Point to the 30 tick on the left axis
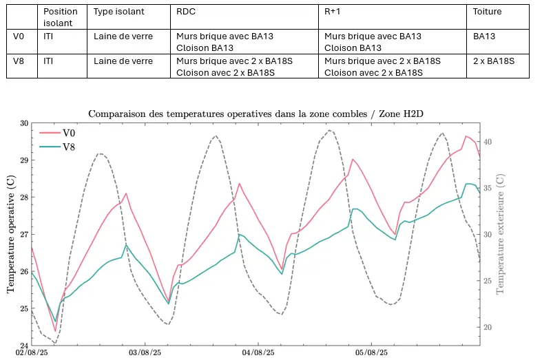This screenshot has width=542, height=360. [25, 123]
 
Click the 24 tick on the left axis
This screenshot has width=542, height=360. [25, 346]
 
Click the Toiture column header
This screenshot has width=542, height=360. [488, 12]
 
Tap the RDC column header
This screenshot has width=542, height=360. [186, 12]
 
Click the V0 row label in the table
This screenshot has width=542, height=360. [20, 36]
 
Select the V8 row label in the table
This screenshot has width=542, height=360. [20, 61]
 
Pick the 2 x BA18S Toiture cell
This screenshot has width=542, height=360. [494, 61]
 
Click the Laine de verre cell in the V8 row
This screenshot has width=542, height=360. [123, 61]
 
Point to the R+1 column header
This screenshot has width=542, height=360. [332, 12]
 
